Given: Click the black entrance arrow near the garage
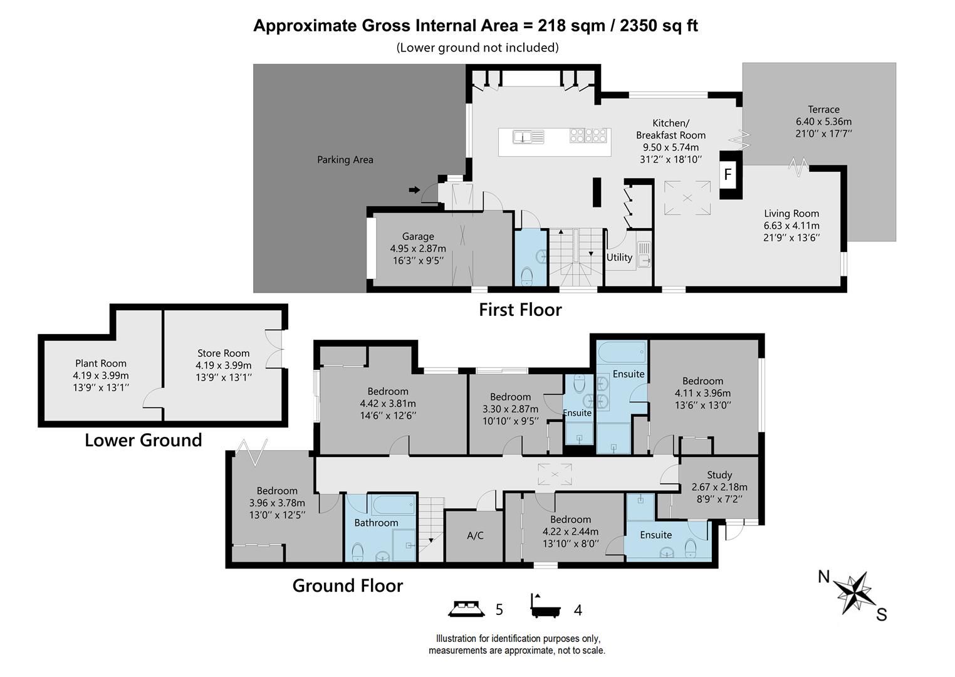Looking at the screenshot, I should [414, 190].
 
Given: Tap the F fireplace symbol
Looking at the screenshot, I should [728, 174].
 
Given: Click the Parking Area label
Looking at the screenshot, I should [345, 160].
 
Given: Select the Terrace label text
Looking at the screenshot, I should [823, 109].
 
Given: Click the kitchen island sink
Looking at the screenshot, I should [522, 136].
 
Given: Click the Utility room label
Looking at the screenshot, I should [618, 257].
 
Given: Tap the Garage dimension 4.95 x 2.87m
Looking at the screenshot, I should [417, 248].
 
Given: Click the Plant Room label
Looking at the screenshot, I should [100, 363].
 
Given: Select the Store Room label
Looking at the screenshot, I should [223, 353].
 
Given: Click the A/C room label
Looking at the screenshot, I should [475, 535].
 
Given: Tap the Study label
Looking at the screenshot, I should [719, 475].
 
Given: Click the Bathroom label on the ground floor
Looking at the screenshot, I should [376, 522].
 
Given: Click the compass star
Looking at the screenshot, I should [854, 592].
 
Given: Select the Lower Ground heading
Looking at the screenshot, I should [143, 440].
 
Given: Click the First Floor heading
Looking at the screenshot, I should [520, 310].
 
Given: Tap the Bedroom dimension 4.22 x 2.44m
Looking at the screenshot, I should [570, 532].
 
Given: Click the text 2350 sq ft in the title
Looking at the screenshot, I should [659, 26].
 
